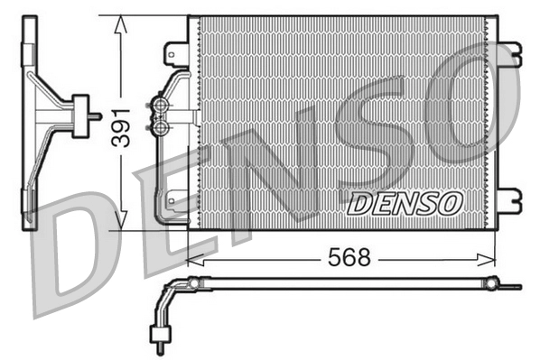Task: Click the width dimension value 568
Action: [x=349, y=258]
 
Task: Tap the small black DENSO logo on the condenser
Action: [x=405, y=204]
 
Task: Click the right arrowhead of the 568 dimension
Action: [x=491, y=259]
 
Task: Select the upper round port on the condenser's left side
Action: [x=162, y=106]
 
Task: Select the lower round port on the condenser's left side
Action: [x=162, y=127]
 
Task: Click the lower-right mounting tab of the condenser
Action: [x=510, y=196]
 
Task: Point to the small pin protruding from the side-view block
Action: [x=93, y=114]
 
